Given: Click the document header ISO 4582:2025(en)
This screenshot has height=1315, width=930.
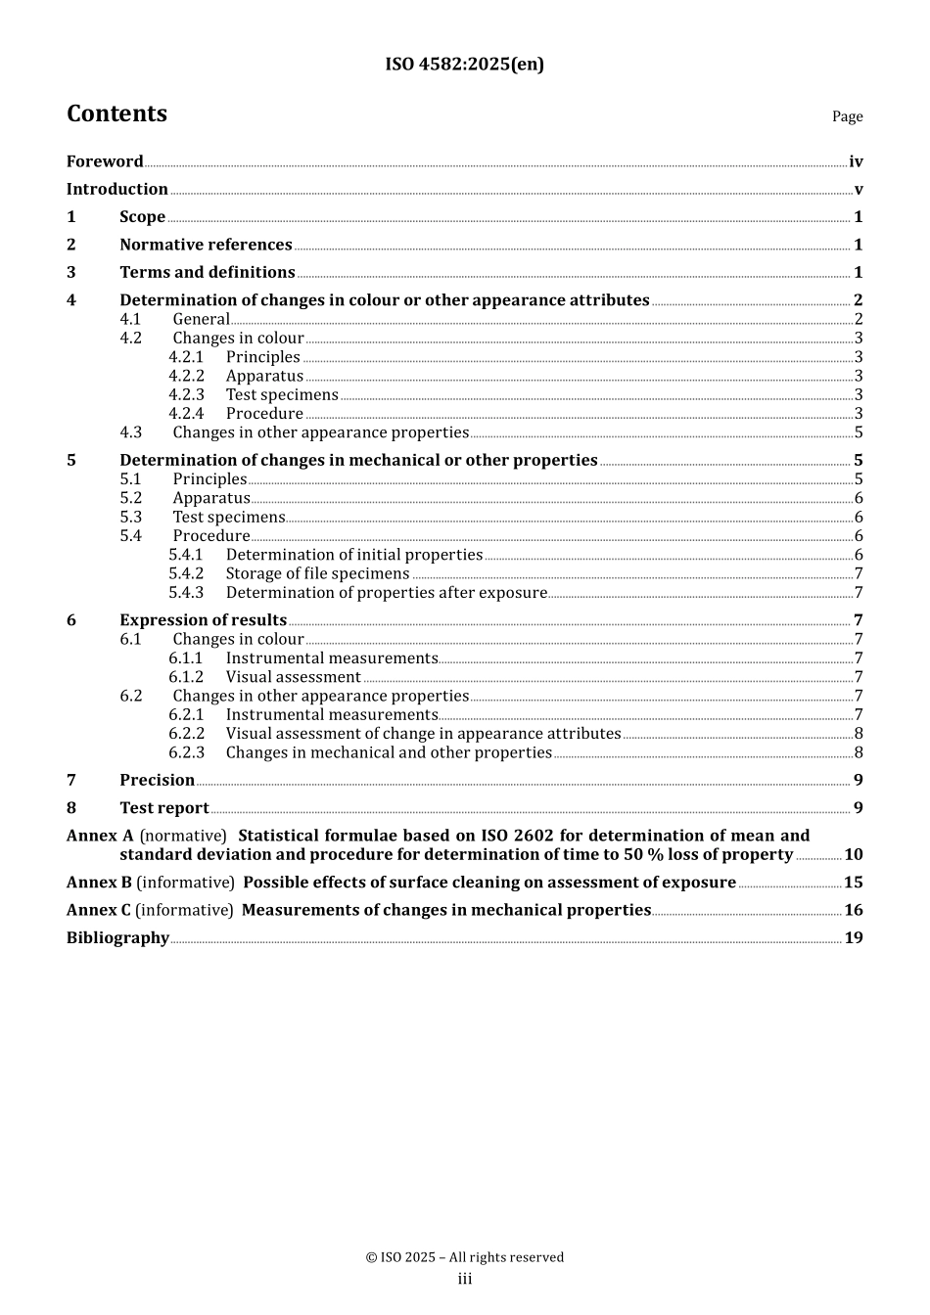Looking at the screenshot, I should click(464, 65).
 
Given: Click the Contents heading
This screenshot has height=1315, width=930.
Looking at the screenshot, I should click(116, 113).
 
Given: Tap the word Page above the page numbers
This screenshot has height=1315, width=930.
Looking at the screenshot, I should click(847, 116).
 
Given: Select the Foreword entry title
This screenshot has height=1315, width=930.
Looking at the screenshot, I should click(105, 161).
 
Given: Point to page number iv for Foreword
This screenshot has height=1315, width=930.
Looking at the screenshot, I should click(856, 161).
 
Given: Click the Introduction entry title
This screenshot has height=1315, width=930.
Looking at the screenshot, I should click(117, 189).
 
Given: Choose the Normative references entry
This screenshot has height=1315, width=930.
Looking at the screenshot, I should click(206, 245).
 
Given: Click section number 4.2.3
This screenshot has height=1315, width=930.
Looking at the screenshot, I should click(186, 394).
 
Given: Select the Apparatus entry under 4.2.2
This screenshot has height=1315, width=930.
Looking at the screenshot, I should click(264, 376).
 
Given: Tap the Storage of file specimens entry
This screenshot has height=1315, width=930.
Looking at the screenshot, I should click(317, 573).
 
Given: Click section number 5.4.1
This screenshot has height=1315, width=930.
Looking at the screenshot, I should click(186, 555).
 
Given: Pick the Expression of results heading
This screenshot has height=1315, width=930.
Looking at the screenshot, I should click(203, 620).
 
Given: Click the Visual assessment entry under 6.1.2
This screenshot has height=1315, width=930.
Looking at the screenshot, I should click(293, 677).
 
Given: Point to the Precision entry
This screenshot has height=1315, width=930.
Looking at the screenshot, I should click(157, 780).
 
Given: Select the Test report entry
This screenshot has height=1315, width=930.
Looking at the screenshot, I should click(163, 808).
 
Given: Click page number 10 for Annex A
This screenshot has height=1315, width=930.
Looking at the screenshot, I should click(854, 854).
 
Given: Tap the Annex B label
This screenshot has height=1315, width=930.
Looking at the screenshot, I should click(99, 883).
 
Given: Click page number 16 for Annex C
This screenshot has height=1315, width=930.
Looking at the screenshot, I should click(854, 910).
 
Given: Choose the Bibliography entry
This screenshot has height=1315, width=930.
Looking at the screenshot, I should click(117, 937).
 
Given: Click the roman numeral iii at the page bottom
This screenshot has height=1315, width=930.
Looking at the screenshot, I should click(464, 1279).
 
